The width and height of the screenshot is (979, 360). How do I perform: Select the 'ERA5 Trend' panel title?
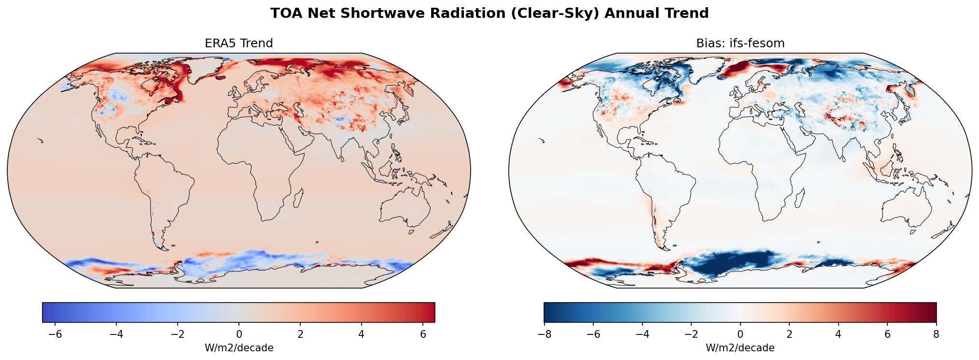click(238, 43)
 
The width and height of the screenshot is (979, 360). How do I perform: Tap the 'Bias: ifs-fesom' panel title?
click(740, 43)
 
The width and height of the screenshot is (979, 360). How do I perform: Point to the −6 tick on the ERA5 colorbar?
click(56, 334)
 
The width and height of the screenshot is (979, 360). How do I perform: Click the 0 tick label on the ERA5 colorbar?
click(238, 334)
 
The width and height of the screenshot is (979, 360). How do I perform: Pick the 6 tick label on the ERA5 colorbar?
click(423, 334)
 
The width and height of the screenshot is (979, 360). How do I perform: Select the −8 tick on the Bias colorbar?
click(544, 334)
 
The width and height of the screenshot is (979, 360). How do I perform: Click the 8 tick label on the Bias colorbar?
click(936, 334)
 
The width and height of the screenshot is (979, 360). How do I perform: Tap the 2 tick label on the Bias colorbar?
click(789, 334)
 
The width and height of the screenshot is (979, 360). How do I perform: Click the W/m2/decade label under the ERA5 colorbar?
click(238, 348)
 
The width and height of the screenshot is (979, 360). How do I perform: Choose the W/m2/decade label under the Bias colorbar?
click(740, 348)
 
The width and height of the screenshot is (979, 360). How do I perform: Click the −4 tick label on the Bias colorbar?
click(642, 334)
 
